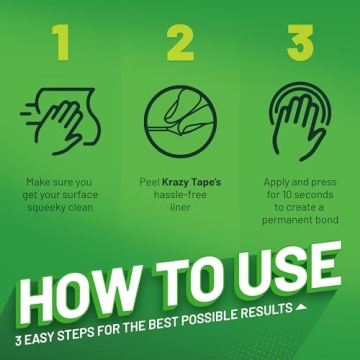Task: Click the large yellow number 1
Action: coord(61,42)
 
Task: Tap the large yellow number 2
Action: coord(180,42)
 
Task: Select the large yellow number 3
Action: coord(300,42)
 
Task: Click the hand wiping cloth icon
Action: coord(61,121)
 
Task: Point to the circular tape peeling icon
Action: coord(180,121)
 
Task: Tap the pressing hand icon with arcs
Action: coord(300,121)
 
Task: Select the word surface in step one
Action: coord(79,195)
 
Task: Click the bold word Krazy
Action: coord(175,183)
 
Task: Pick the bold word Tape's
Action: coord(207,182)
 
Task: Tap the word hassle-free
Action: coord(180,195)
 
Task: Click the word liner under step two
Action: coord(180,207)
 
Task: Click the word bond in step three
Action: coord(327,220)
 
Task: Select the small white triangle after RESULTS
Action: coord(301,306)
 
